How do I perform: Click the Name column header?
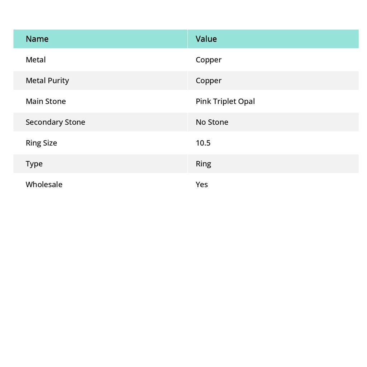tap(37, 39)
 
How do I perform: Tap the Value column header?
tap(206, 39)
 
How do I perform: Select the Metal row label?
tap(35, 60)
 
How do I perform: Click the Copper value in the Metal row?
tap(209, 60)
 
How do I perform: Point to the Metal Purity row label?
tap(47, 81)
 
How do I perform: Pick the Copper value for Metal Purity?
tap(209, 81)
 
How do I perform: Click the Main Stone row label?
tap(46, 101)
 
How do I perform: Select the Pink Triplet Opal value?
tap(225, 101)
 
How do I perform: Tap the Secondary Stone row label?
tap(55, 122)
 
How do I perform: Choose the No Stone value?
tap(212, 122)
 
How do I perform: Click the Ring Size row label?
tap(41, 143)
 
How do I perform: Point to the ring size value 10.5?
tap(203, 143)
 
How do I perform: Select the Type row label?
tap(34, 164)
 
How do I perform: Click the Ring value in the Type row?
tap(203, 164)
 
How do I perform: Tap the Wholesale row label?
tap(44, 185)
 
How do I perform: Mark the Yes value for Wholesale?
tap(202, 185)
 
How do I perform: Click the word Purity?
tap(58, 81)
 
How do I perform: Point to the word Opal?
tap(247, 101)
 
